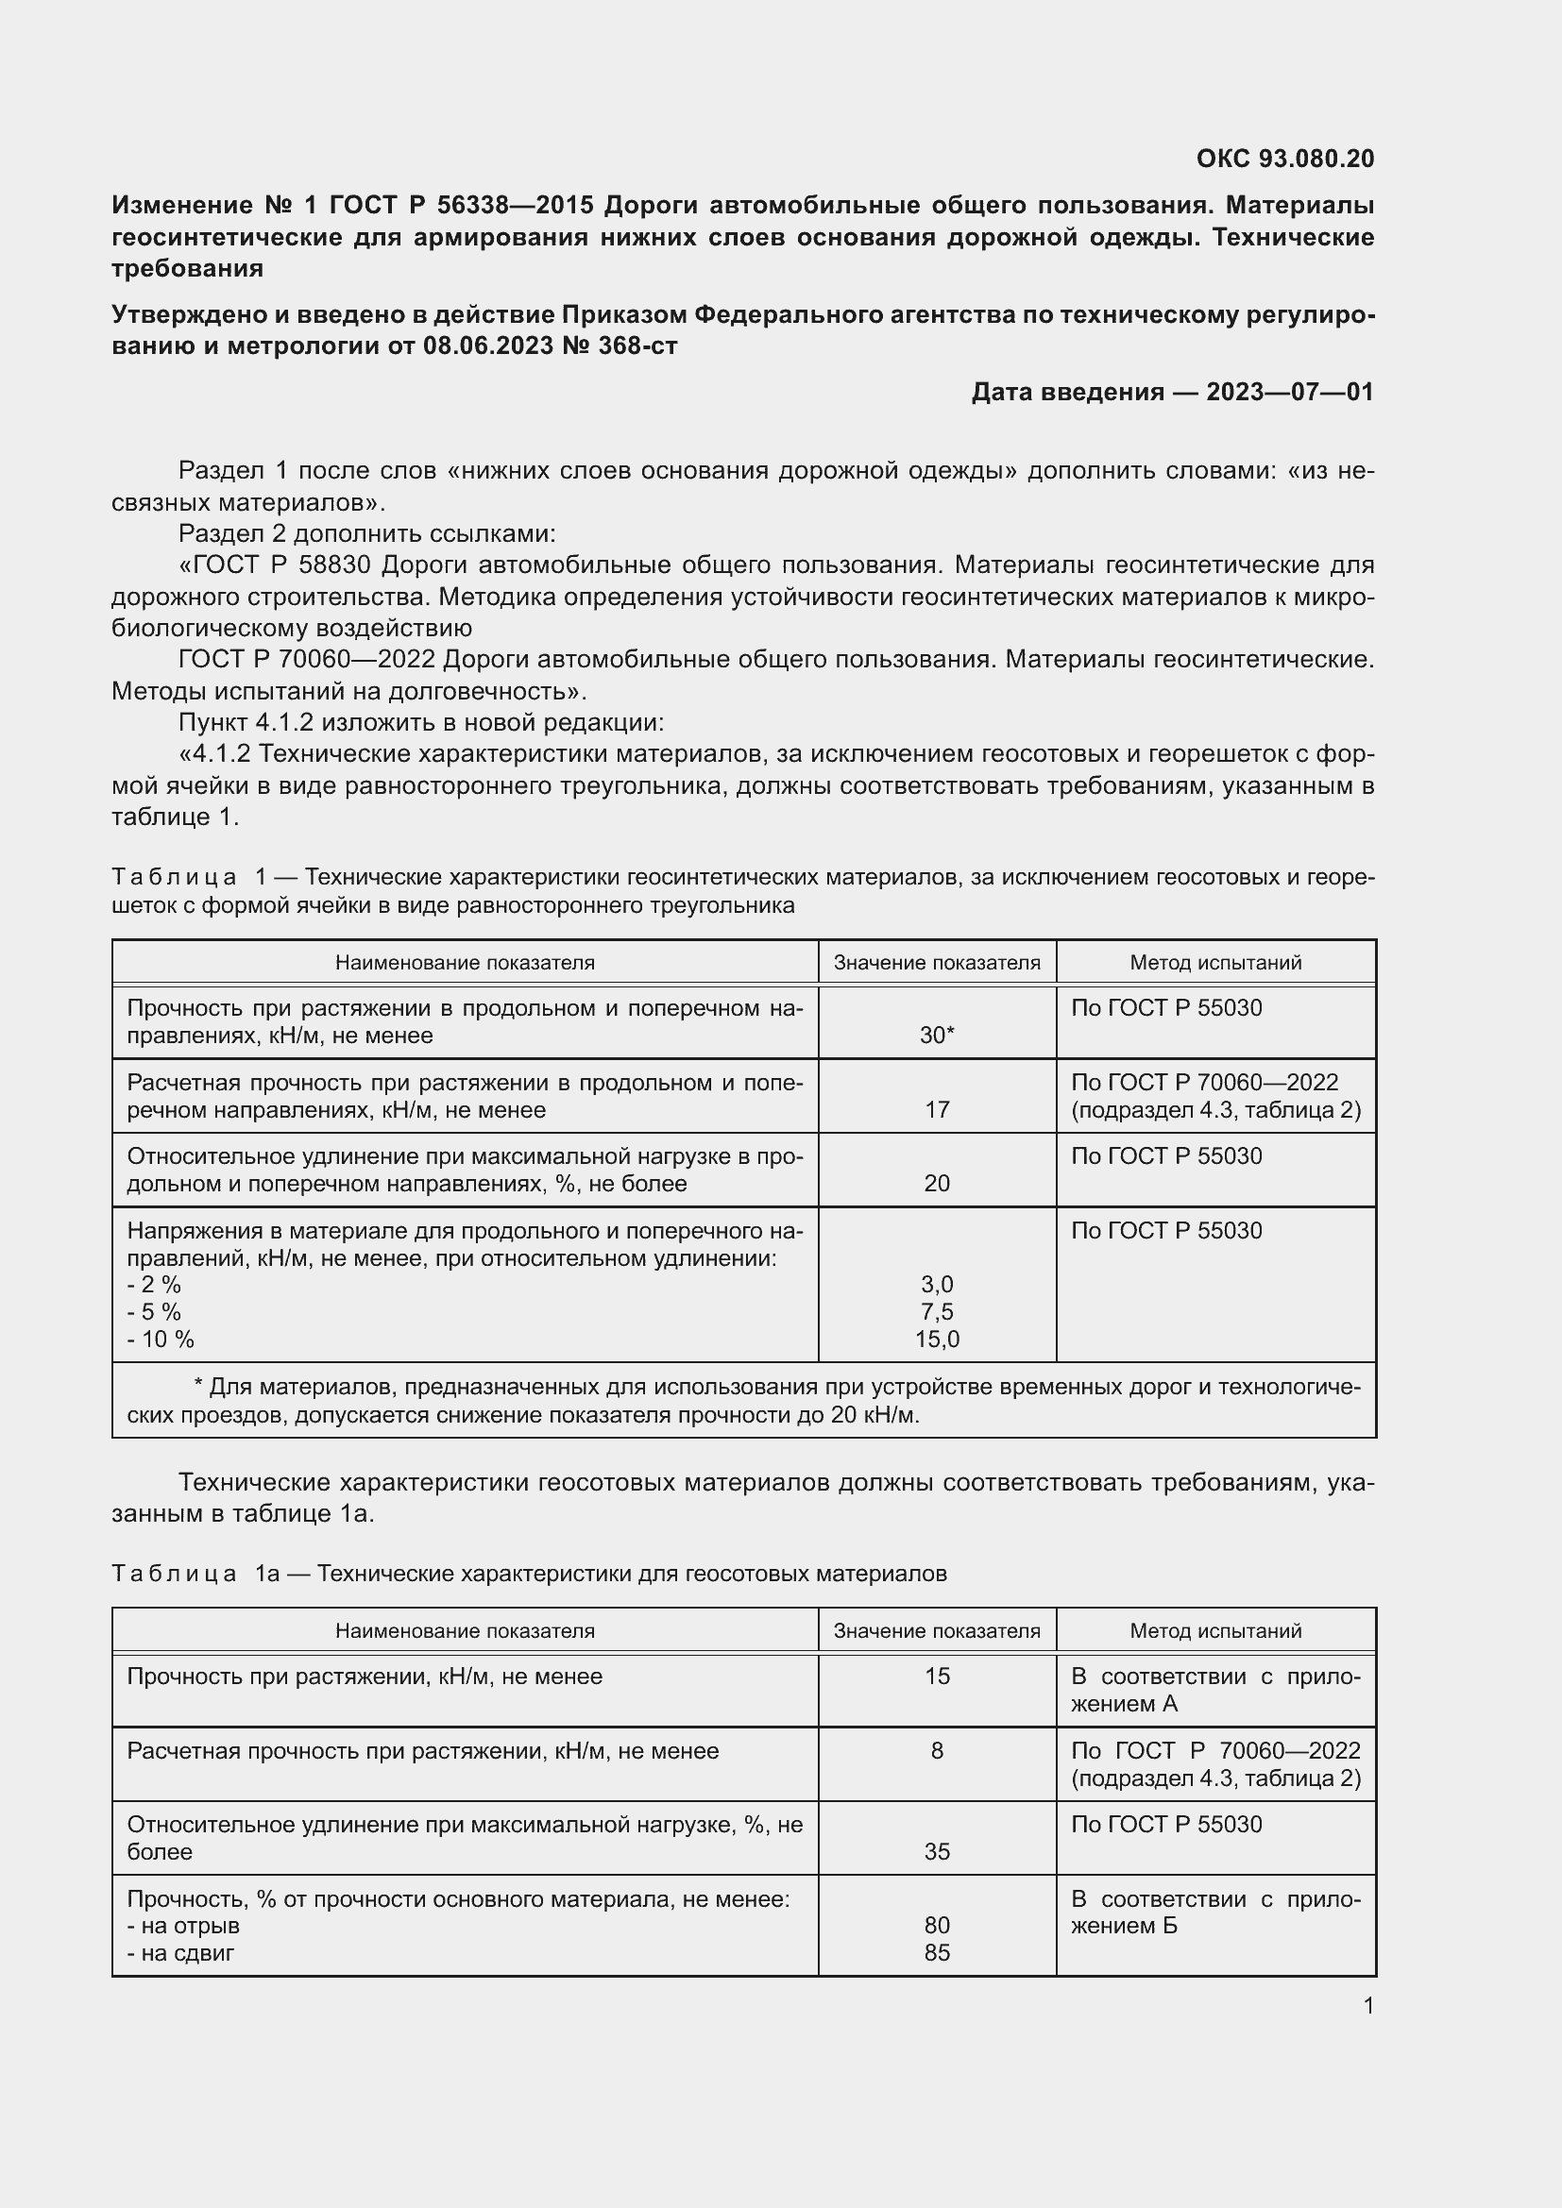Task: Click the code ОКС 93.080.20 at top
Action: pyautogui.click(x=1284, y=159)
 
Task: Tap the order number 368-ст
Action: pyautogui.click(x=637, y=346)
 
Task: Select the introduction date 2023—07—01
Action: pyautogui.click(x=1289, y=393)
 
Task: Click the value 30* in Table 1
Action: pyautogui.click(x=936, y=1036)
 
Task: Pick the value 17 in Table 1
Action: pyautogui.click(x=936, y=1110)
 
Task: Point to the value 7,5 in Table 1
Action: pyautogui.click(x=936, y=1312)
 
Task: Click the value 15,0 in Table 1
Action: pyautogui.click(x=936, y=1339)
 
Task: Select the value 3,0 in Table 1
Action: pyautogui.click(x=936, y=1285)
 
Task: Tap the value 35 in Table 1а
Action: pyautogui.click(x=936, y=1851)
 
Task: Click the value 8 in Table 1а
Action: pyautogui.click(x=936, y=1750)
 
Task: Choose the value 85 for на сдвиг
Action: pyautogui.click(x=936, y=1952)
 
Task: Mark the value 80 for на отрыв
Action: pyautogui.click(x=936, y=1925)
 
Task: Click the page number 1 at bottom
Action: pyautogui.click(x=1367, y=2005)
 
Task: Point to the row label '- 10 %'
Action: pyautogui.click(x=161, y=1339)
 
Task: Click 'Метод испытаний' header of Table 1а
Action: pyautogui.click(x=1214, y=1631)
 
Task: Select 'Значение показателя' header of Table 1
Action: pyautogui.click(x=936, y=963)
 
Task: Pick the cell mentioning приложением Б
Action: pyautogui.click(x=1214, y=1912)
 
